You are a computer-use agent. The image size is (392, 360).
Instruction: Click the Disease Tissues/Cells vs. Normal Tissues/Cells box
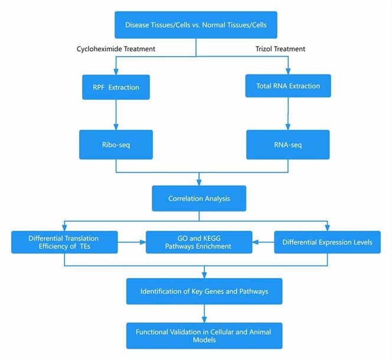(195, 25)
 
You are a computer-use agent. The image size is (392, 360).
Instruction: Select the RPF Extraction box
(116, 87)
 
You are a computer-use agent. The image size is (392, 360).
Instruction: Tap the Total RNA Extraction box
(288, 86)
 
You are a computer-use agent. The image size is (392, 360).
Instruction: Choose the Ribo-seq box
(116, 145)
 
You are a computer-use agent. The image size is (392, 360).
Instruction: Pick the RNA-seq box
(288, 145)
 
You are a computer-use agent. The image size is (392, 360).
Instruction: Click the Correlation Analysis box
(199, 198)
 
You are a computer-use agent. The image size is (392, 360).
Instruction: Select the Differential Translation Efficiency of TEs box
(64, 242)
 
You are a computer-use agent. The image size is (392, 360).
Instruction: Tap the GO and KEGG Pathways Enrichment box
(200, 242)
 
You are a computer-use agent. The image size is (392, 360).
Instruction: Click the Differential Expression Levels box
(327, 242)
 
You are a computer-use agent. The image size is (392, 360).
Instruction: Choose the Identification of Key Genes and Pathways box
(204, 292)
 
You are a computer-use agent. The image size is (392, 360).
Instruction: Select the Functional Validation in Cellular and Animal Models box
(204, 335)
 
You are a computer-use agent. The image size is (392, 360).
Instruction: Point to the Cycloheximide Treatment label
(116, 49)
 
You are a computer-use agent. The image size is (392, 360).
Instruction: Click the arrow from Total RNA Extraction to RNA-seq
(288, 113)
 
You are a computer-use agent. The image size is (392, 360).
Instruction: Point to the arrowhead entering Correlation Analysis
(199, 182)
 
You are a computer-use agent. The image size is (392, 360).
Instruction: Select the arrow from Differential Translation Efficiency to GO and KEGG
(132, 241)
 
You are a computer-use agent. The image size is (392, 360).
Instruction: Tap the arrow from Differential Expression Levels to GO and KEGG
(263, 241)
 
